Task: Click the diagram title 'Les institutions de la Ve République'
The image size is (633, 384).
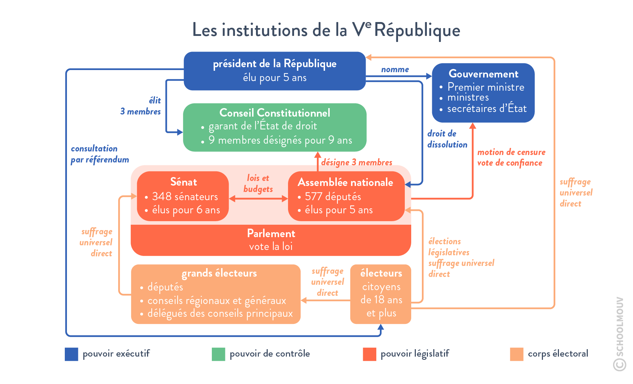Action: click(x=326, y=30)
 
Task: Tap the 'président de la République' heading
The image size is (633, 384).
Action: click(x=274, y=64)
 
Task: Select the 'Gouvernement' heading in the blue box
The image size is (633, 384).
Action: click(x=483, y=74)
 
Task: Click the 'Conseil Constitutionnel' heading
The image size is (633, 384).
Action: click(x=274, y=113)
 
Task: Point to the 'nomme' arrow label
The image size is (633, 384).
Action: click(x=395, y=70)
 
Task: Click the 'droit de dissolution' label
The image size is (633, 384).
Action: click(x=447, y=139)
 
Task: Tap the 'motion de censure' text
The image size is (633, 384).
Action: click(x=511, y=152)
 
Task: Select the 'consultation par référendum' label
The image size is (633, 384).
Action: click(x=99, y=154)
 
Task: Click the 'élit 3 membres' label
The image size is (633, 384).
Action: click(x=141, y=106)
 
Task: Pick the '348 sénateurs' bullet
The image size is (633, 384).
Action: click(x=185, y=197)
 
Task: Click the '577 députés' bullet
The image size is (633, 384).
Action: click(x=333, y=197)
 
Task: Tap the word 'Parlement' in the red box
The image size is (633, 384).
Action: click(x=271, y=234)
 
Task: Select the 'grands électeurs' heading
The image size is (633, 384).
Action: click(x=219, y=273)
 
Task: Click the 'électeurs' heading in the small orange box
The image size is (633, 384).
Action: click(x=381, y=273)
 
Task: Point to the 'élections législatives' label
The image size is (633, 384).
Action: click(x=449, y=247)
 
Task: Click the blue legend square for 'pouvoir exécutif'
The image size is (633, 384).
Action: click(x=71, y=354)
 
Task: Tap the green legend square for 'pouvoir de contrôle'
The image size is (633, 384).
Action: click(x=218, y=354)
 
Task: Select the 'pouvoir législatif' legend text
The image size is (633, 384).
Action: click(x=415, y=354)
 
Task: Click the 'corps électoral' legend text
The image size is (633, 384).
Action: click(x=558, y=354)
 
